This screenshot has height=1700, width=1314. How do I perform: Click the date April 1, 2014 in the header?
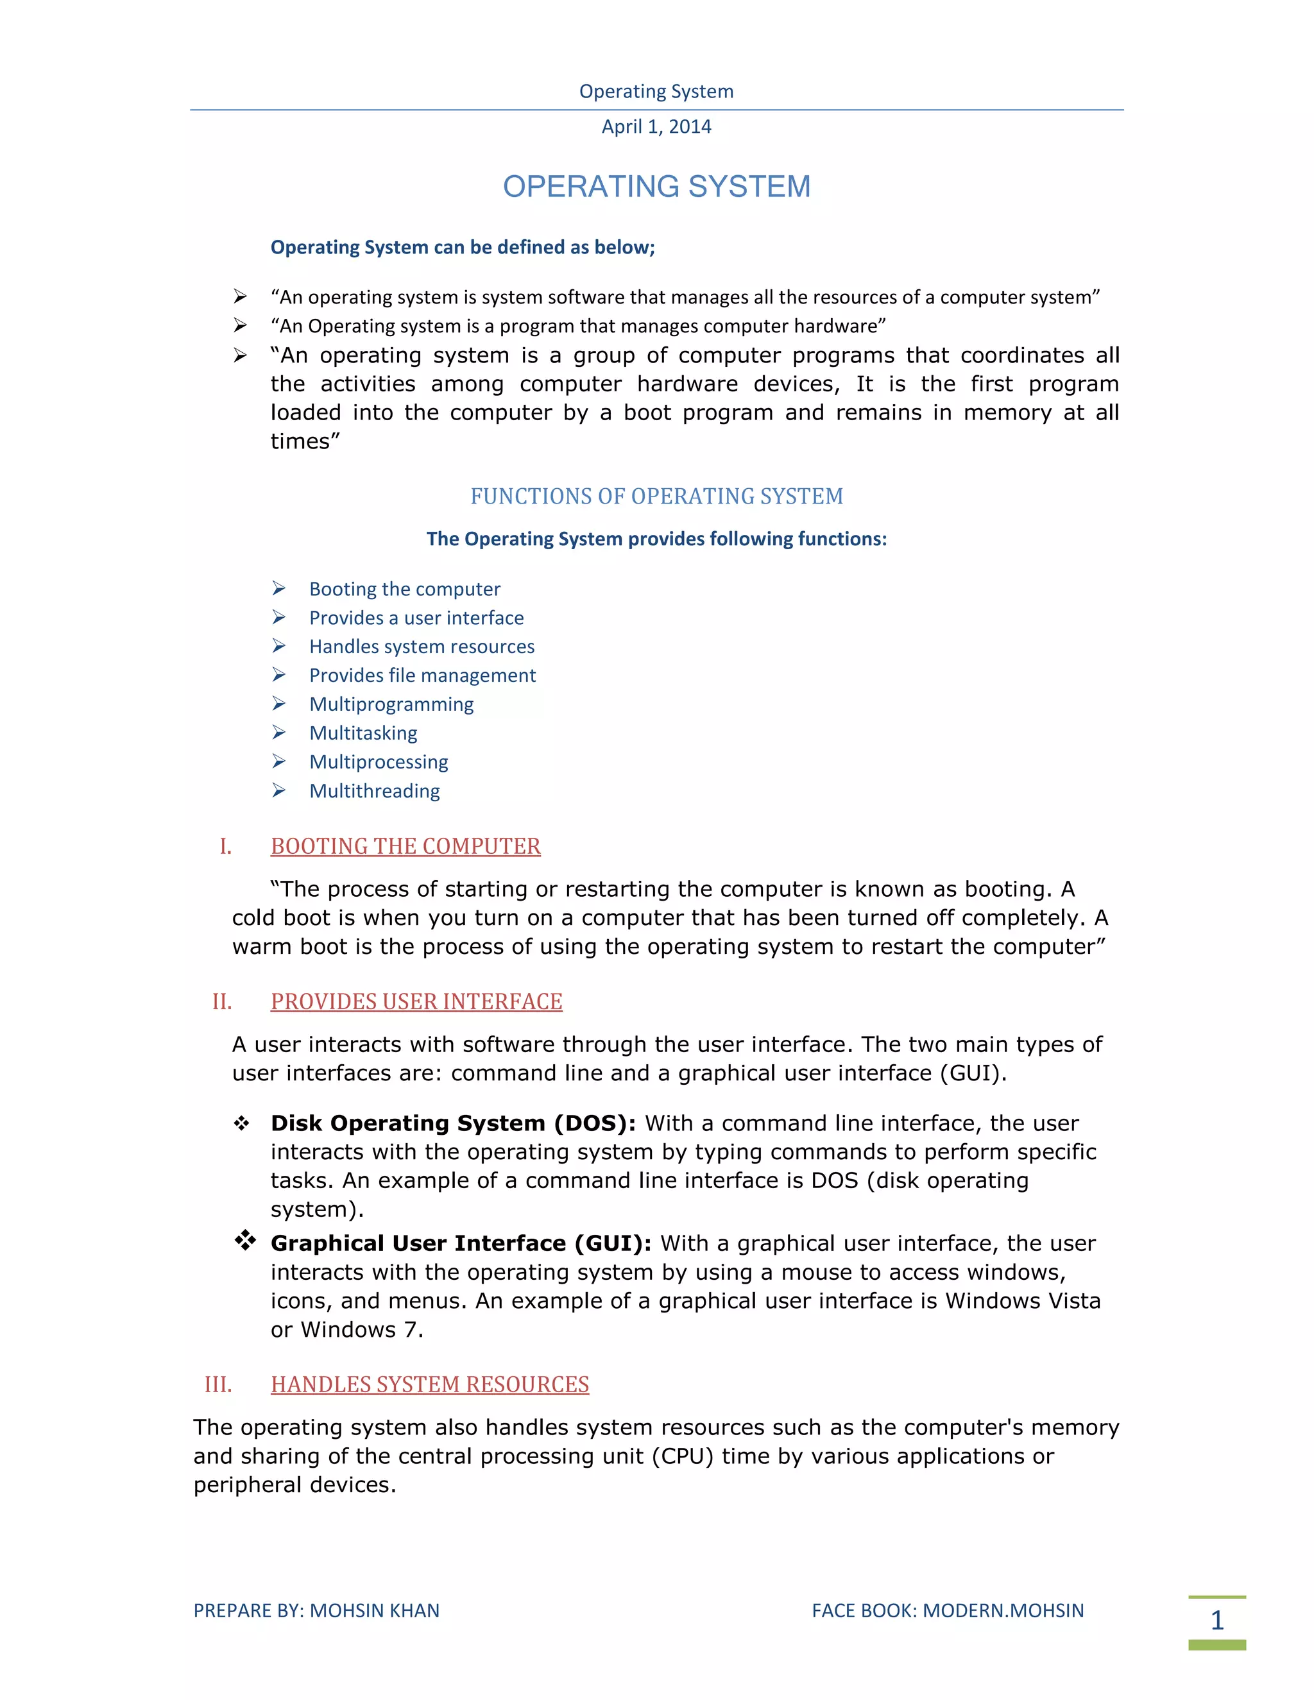[x=656, y=127]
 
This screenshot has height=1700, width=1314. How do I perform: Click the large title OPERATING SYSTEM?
[x=656, y=187]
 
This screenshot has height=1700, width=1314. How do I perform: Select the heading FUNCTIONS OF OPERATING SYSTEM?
[x=656, y=497]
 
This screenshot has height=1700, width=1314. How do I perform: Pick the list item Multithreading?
[x=375, y=791]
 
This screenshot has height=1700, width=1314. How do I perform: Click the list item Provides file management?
[x=422, y=676]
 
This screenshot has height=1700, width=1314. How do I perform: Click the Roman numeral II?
[x=222, y=1002]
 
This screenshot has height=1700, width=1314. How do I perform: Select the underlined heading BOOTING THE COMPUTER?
[x=405, y=846]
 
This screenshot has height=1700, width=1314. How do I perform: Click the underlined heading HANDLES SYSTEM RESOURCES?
[x=430, y=1385]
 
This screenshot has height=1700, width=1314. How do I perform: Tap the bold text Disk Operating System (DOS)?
[x=453, y=1123]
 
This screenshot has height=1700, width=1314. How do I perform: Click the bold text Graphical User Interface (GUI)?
[x=461, y=1243]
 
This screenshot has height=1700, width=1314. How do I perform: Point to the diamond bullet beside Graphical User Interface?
[x=245, y=1240]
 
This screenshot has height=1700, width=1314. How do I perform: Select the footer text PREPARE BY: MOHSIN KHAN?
[x=316, y=1610]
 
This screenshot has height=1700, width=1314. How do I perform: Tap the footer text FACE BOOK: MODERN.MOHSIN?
[x=948, y=1610]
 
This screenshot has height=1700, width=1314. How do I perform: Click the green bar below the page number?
[x=1216, y=1645]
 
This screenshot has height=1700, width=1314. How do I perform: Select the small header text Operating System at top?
[x=656, y=92]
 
